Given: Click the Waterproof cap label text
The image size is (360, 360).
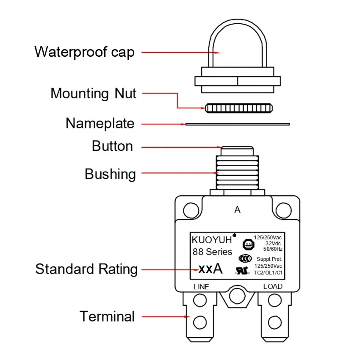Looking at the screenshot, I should tap(84, 52).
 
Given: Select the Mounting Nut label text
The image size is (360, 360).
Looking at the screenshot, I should tap(93, 93).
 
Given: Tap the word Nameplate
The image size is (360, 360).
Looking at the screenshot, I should tap(100, 123).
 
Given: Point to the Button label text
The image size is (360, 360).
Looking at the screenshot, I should tap(112, 147).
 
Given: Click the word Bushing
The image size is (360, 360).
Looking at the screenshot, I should tap(110, 174).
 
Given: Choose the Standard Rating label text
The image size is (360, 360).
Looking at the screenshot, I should tap(86, 269).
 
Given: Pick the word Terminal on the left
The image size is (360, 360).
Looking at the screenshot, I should tap(107, 316).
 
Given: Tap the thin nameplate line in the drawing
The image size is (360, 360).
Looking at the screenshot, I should tap(237, 124).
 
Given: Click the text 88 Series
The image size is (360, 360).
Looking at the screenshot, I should tap(212, 252).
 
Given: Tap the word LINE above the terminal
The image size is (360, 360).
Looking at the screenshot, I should tap(201, 287).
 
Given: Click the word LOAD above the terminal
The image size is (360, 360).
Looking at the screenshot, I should tap(273, 286).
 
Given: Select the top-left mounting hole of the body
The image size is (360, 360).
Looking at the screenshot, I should tap(191, 209).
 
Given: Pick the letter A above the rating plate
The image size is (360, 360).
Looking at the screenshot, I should tap(237, 210).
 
